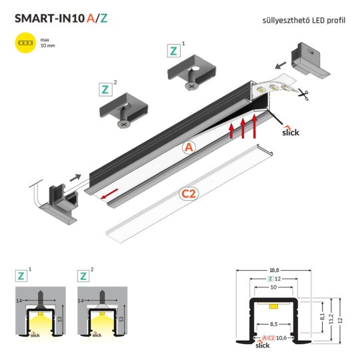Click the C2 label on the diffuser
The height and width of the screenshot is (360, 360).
point(189,195)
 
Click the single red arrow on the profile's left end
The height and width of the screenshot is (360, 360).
point(109,194)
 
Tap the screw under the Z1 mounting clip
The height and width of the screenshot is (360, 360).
point(191,83)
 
